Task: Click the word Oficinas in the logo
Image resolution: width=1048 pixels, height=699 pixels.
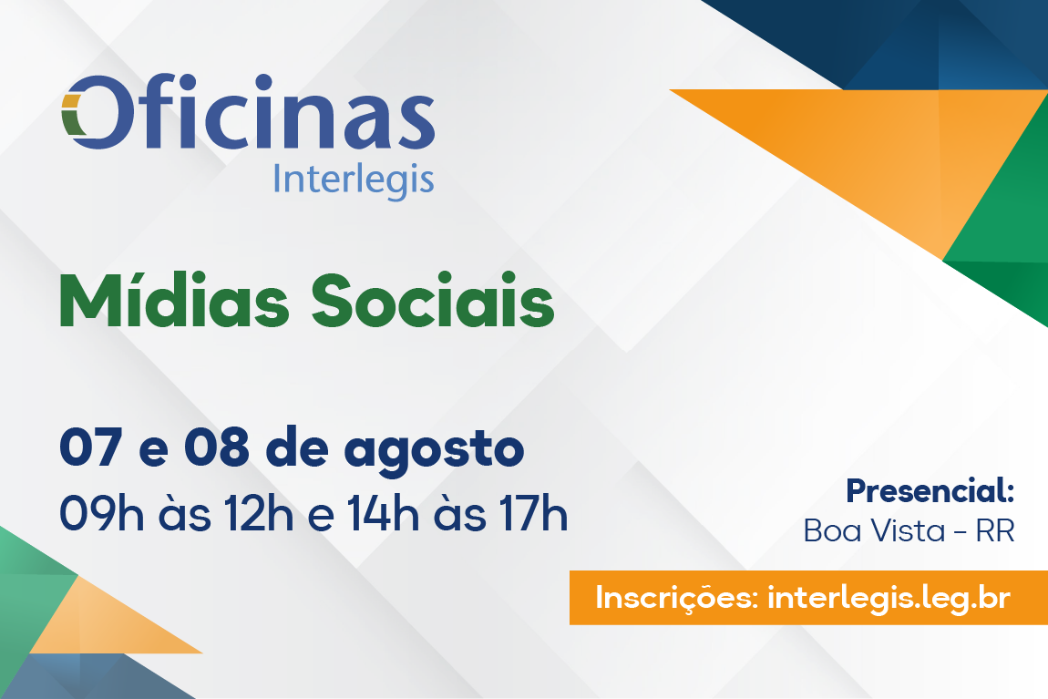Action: [x=248, y=111]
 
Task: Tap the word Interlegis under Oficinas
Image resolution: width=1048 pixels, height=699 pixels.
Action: [x=354, y=180]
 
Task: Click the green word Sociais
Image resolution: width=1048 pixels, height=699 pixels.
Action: [x=433, y=300]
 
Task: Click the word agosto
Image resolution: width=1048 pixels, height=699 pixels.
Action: [x=435, y=452]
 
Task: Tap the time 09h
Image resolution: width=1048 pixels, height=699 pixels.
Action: [x=101, y=514]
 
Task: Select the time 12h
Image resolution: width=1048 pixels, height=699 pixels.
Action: [x=258, y=514]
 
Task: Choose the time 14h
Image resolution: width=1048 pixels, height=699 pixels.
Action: [x=383, y=514]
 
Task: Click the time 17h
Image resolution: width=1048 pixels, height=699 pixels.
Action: [x=533, y=514]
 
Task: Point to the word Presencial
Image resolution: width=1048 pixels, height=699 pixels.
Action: [x=930, y=491]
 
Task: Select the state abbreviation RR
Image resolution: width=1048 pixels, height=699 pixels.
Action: [x=995, y=531]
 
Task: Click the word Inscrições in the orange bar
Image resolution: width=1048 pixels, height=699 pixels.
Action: [x=676, y=598]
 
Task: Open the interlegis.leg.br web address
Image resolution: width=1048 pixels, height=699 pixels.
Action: [x=889, y=598]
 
